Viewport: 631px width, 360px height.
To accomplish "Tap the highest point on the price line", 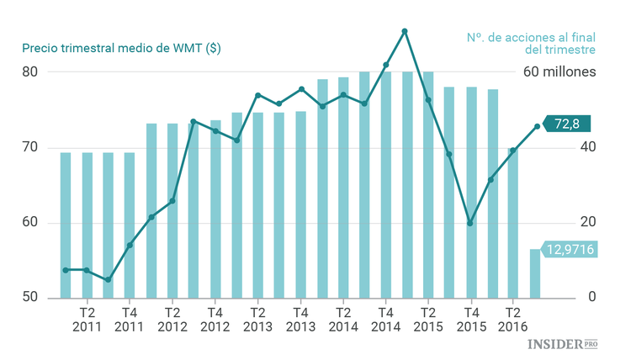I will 405,31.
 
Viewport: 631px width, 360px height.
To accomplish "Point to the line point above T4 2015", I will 469,223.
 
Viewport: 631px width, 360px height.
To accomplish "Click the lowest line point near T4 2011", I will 108,279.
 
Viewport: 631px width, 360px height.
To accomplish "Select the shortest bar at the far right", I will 535,273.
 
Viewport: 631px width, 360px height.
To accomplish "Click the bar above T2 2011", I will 87,225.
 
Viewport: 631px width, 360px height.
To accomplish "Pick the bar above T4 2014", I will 385,185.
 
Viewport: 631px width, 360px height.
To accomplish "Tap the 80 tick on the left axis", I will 30,72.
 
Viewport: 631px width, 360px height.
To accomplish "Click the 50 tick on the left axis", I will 30,298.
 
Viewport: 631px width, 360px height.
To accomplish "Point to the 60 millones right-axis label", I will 559,72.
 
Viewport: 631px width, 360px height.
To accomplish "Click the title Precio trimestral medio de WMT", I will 122,48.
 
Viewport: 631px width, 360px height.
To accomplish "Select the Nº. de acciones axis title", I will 530,44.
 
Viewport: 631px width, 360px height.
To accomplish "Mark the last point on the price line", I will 537,127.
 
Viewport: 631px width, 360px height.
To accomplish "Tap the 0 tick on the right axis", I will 592,298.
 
